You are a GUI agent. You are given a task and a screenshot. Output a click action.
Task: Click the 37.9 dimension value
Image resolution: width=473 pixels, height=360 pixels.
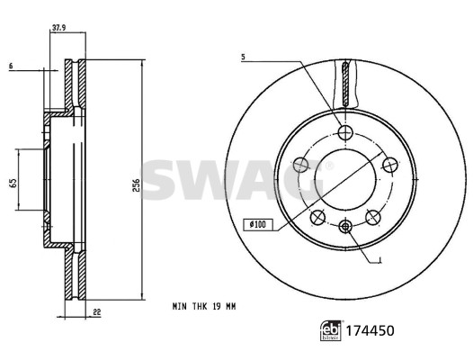tap(59, 28)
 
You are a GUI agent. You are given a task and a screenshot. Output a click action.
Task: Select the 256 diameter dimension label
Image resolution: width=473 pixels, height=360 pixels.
tap(137, 185)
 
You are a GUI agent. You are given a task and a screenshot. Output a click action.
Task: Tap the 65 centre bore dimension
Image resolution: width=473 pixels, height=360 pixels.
tap(13, 183)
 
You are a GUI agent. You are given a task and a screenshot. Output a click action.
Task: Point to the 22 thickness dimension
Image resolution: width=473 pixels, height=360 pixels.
tap(97, 312)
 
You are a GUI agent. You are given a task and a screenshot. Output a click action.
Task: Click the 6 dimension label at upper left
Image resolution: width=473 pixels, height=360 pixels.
tap(11, 66)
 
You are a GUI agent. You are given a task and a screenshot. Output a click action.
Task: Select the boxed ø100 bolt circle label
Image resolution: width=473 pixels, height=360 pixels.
tap(258, 224)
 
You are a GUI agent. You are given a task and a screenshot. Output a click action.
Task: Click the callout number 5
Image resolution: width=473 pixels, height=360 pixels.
tap(243, 57)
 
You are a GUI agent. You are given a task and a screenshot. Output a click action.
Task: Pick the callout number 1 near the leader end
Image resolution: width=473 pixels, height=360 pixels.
tap(380, 259)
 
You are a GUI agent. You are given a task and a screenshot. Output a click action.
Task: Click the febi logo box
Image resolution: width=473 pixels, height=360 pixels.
tap(331, 330)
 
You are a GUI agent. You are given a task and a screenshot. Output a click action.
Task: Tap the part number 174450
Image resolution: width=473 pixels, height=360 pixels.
tap(370, 330)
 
